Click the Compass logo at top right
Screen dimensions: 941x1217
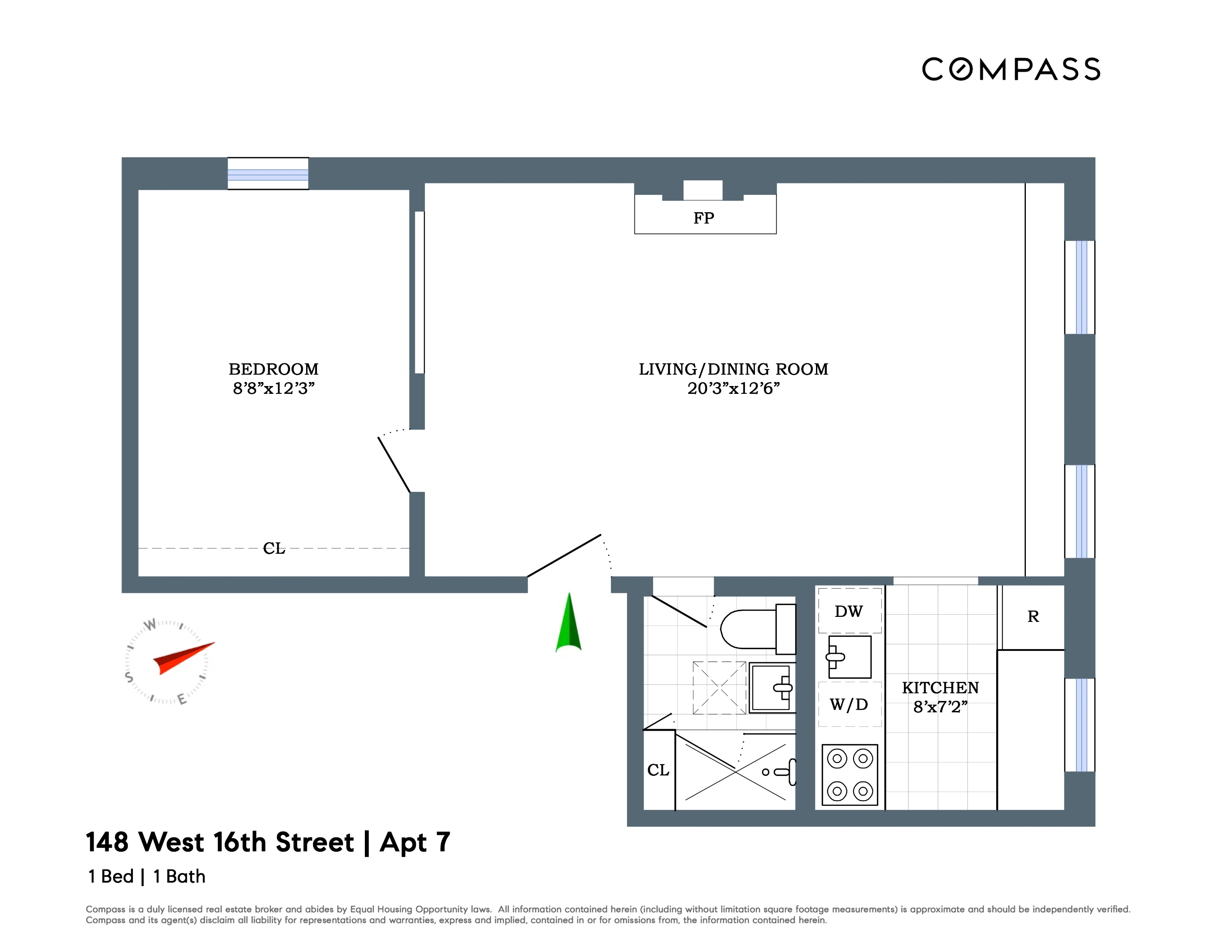coord(1011,70)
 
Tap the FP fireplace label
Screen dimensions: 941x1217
coord(704,218)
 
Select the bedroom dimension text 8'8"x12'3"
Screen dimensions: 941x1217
coord(273,389)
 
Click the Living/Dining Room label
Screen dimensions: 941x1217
coord(733,369)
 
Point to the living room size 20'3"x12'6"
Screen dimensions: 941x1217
coord(733,389)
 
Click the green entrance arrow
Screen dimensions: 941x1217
coord(568,624)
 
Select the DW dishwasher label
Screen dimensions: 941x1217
coord(849,612)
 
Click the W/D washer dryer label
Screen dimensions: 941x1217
coord(849,704)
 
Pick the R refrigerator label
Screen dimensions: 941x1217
coord(1033,616)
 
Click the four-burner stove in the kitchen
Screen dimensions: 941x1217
coord(850,775)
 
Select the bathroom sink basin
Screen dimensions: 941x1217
coord(772,688)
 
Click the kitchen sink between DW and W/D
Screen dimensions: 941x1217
coord(849,657)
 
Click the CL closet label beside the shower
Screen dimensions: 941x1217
coord(658,770)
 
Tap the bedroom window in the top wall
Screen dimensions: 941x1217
coord(268,173)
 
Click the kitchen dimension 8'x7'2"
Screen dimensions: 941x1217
coord(941,707)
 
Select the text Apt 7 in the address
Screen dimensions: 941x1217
coord(415,843)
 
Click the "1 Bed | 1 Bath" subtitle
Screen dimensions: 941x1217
coord(147,877)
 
